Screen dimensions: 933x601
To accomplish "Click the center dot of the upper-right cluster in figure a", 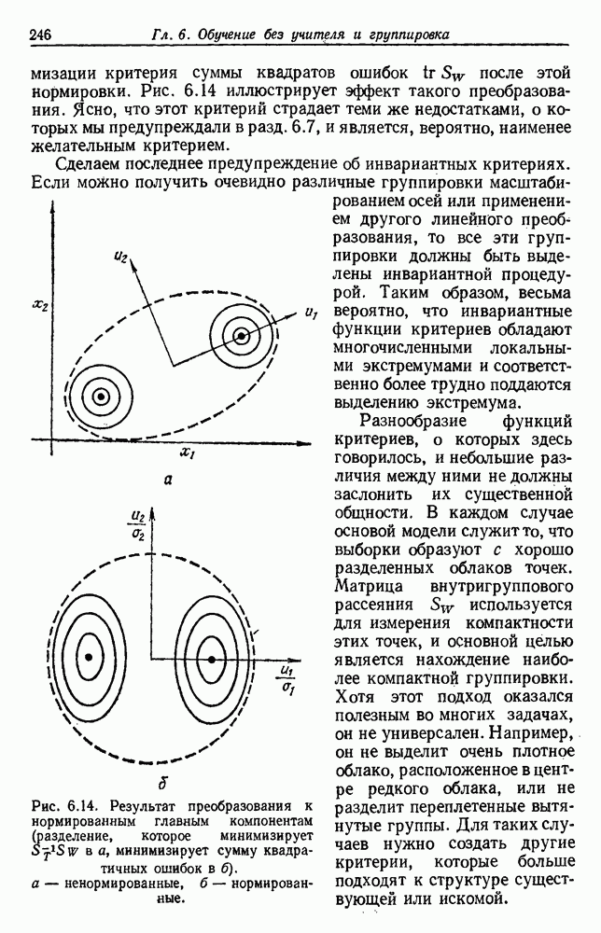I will click(x=242, y=335).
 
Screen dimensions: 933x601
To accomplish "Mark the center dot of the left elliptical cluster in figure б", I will click(x=90, y=658).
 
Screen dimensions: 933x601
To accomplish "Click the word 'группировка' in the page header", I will click(x=407, y=35).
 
